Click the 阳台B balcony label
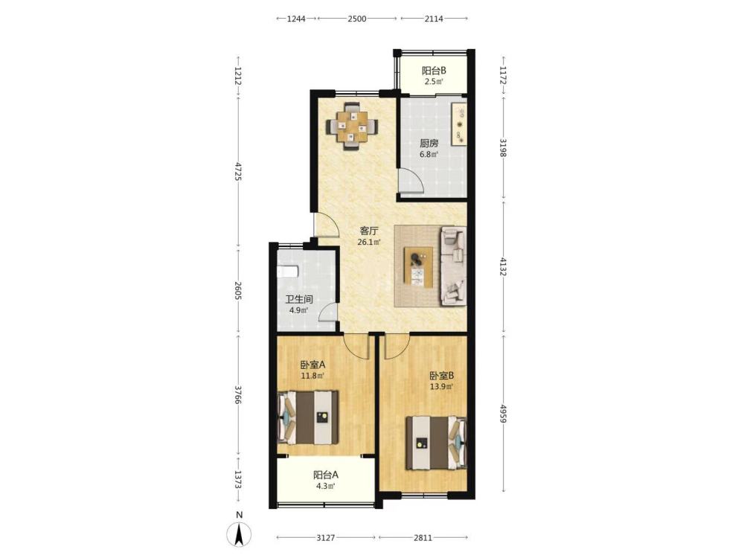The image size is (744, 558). point(434,71)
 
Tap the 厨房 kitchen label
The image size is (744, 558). point(429,144)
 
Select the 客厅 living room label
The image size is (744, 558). point(369,231)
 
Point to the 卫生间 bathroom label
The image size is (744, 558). point(299,300)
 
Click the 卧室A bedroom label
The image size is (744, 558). point(312,365)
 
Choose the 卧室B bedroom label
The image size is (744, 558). point(442,376)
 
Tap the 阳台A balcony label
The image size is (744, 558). point(326,475)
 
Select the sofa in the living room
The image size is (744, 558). point(453,266)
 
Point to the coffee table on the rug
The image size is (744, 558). point(418,267)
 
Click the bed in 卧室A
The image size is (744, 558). point(309,417)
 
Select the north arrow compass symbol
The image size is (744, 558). point(240,533)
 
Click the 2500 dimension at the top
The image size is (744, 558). point(357,19)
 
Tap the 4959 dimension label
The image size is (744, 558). point(503,413)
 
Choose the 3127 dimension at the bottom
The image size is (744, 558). point(326,538)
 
